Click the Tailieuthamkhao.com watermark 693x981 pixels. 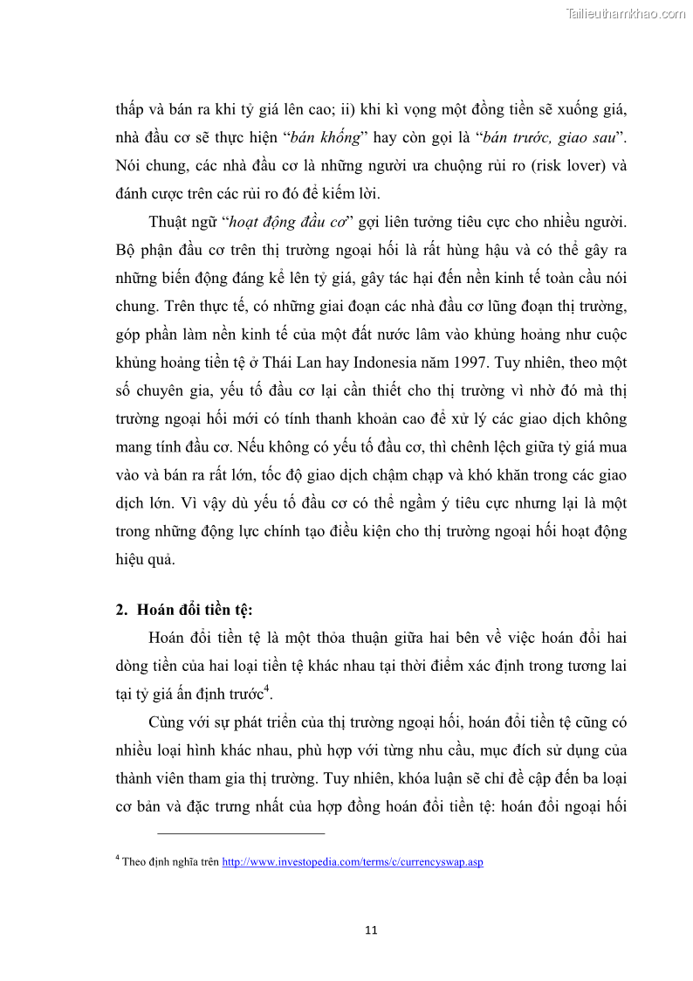click(x=626, y=13)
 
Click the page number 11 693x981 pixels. click(x=371, y=929)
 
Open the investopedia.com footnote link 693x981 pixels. click(x=353, y=862)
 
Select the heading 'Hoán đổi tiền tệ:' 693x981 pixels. click(x=196, y=611)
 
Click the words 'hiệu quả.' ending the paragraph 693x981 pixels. click(x=145, y=559)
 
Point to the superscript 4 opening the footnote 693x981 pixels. click(x=118, y=859)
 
